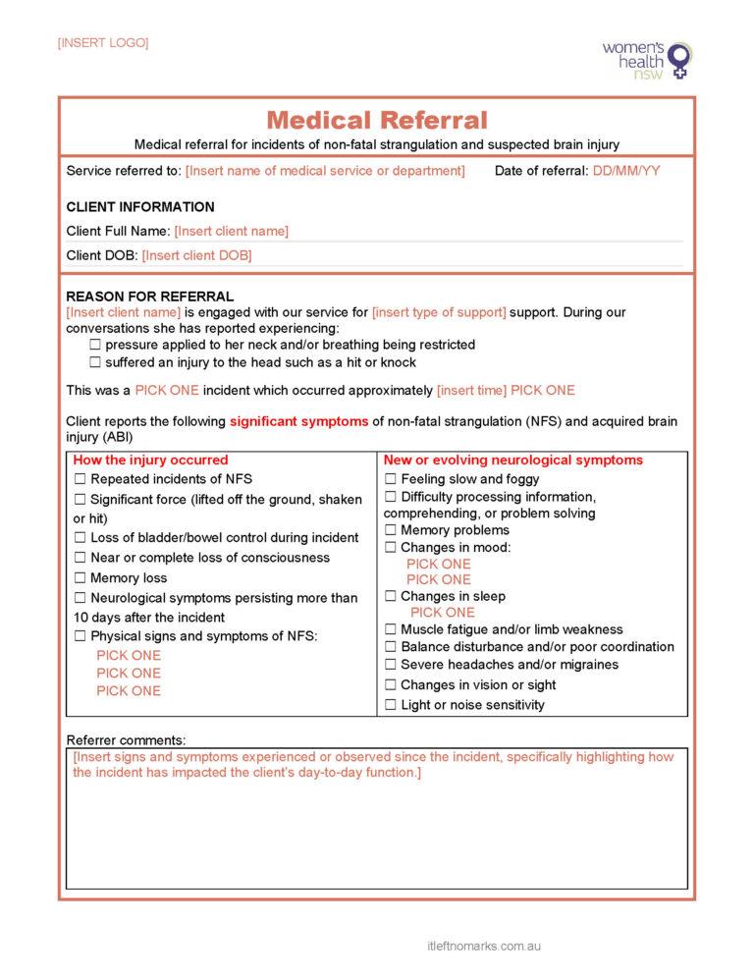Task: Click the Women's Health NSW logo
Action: click(647, 59)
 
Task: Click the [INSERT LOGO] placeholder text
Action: click(103, 43)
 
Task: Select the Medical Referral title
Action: click(377, 121)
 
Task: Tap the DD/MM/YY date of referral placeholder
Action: click(626, 171)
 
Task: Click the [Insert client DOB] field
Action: click(196, 255)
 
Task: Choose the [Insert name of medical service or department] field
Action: click(325, 171)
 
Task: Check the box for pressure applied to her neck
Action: click(95, 346)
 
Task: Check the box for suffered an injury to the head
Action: click(95, 362)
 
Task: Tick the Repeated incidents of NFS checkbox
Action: click(81, 479)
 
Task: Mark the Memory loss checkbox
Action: click(81, 578)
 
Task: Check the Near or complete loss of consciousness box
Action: click(81, 558)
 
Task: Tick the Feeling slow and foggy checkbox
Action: click(391, 479)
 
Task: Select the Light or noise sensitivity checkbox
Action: click(391, 705)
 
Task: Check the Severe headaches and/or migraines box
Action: click(391, 665)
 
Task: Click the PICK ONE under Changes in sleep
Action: click(442, 613)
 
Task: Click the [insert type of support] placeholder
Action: click(439, 312)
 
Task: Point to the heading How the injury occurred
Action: click(150, 461)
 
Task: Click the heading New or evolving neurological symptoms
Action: click(513, 461)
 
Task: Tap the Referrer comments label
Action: click(126, 739)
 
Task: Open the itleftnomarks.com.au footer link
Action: click(484, 947)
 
